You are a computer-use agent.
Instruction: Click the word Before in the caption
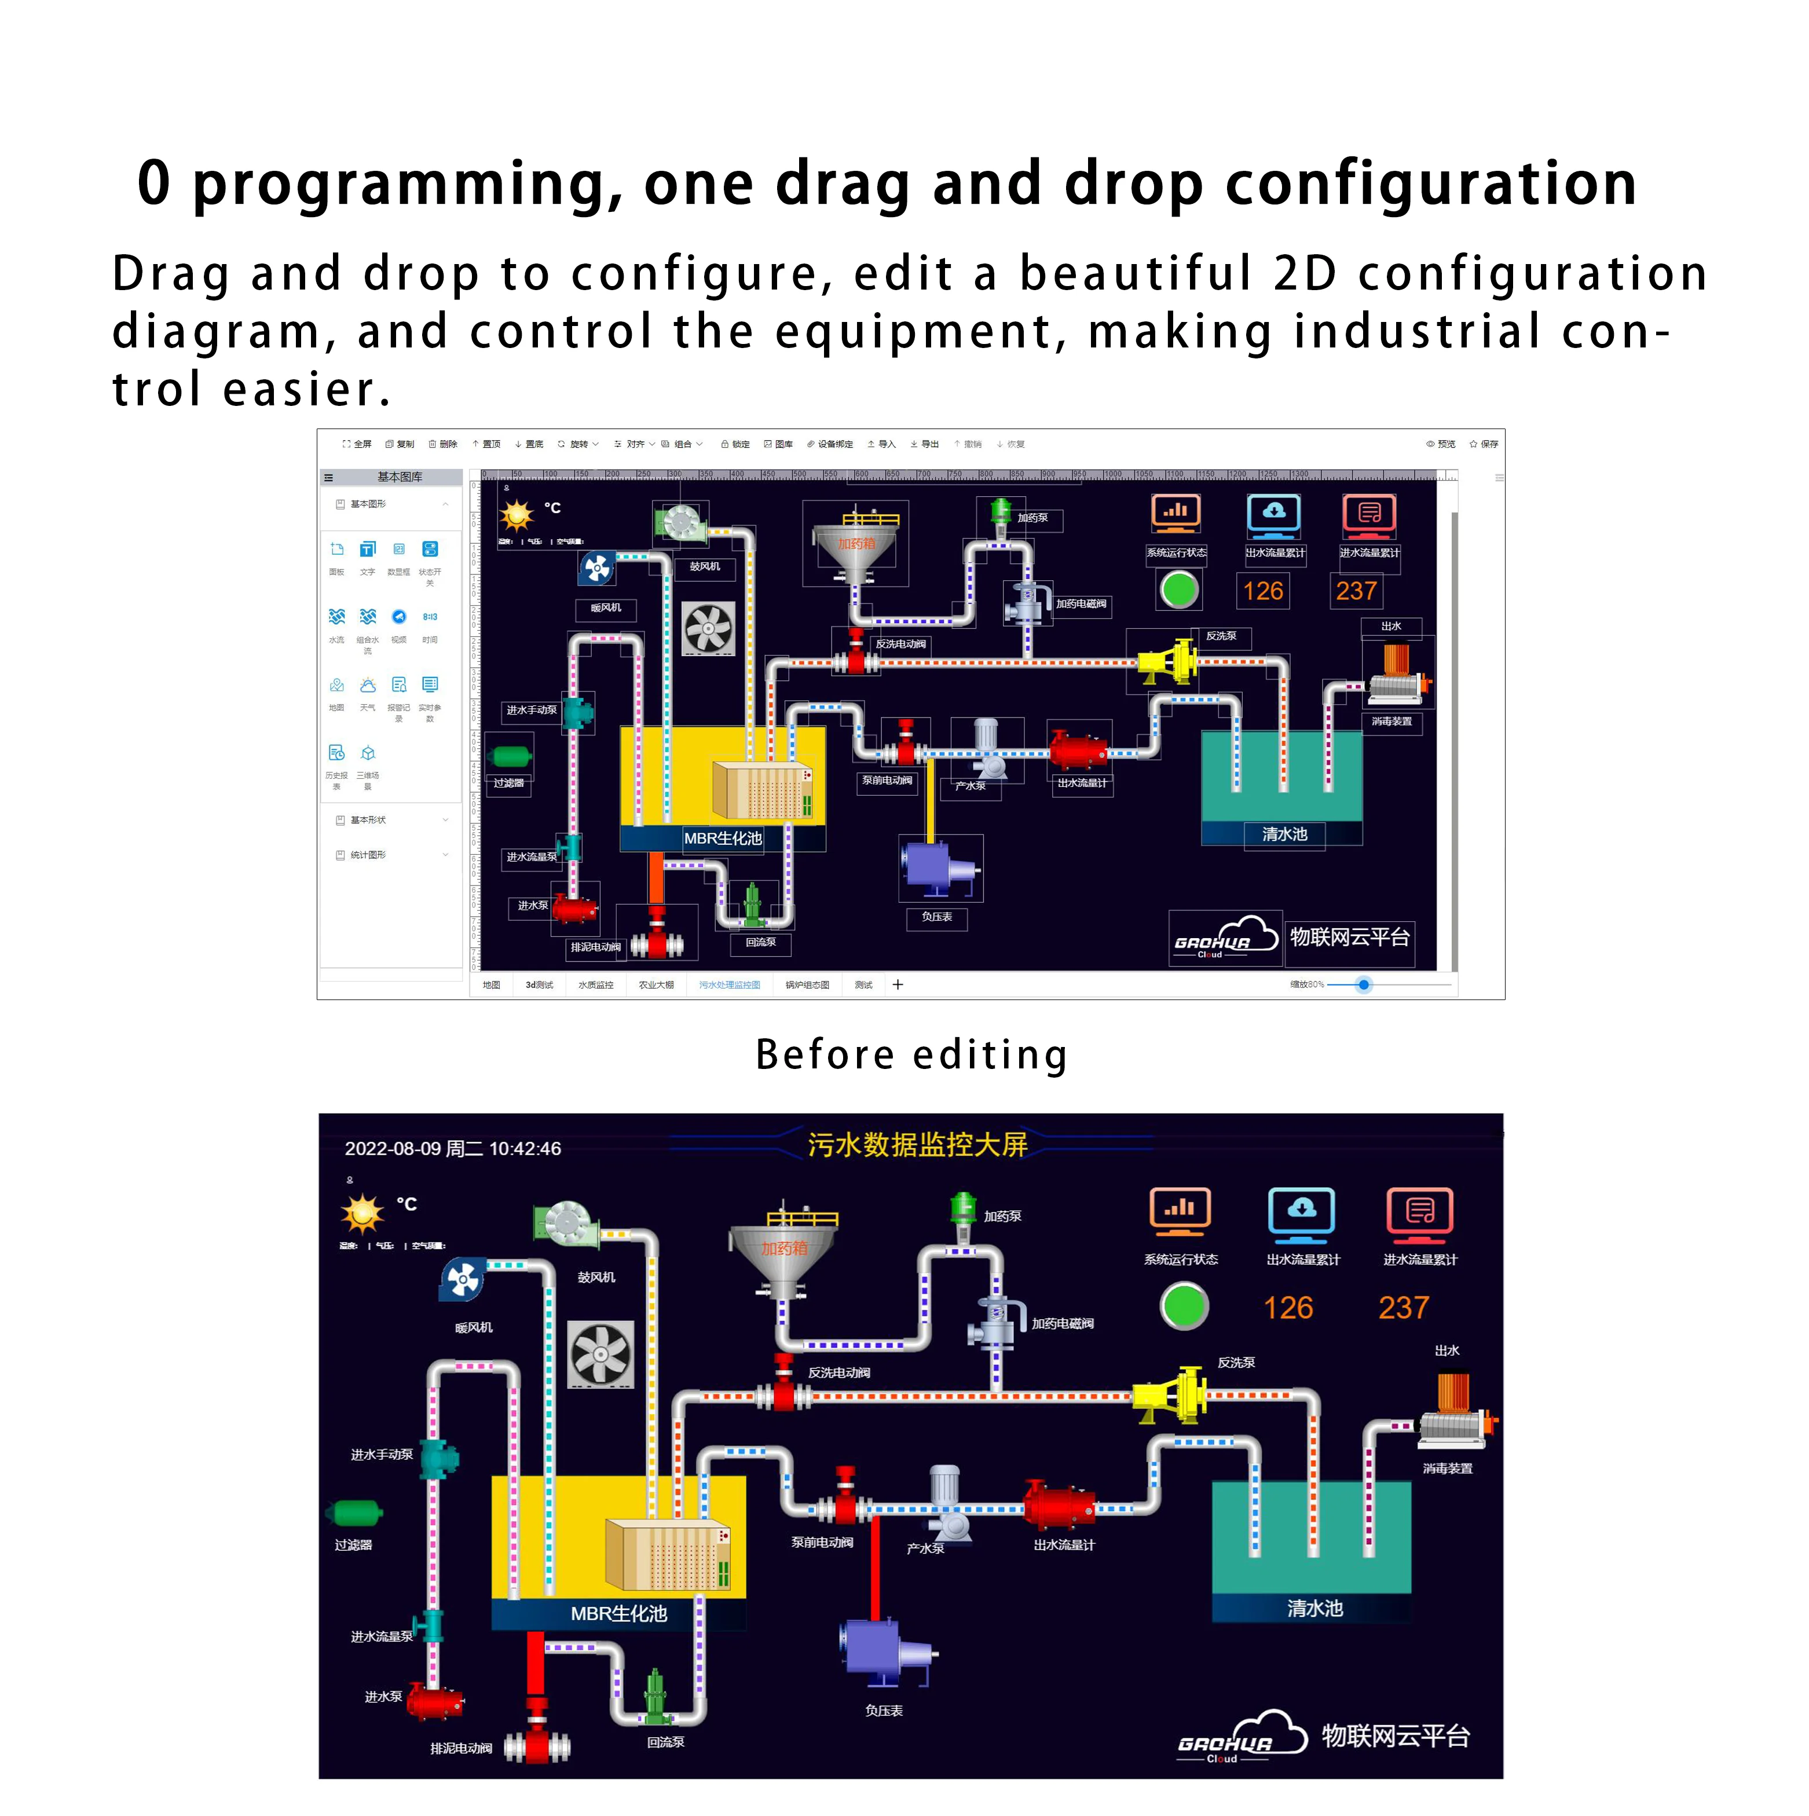click(824, 1055)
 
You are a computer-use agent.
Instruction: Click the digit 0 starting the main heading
click(155, 184)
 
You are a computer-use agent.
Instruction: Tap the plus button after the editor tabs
click(898, 984)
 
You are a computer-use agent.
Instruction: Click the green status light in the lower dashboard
click(1184, 1306)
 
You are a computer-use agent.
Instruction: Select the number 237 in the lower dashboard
click(1403, 1308)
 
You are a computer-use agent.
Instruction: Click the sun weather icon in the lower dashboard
click(362, 1214)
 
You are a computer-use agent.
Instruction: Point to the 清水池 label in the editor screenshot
click(1284, 834)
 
